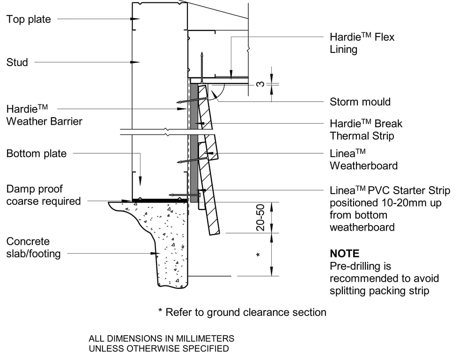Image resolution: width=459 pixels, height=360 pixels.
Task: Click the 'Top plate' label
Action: (29, 19)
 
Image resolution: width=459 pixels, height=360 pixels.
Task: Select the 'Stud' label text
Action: (17, 62)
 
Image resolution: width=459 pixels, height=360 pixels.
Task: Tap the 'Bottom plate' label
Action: (36, 153)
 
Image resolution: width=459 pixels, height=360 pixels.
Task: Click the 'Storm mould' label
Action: (360, 102)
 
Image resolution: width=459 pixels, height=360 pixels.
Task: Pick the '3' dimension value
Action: (260, 84)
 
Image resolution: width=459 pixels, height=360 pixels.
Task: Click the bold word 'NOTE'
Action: (345, 254)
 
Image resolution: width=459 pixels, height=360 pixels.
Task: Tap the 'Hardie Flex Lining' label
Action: (362, 43)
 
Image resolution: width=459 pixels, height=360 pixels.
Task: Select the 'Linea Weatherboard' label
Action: (363, 159)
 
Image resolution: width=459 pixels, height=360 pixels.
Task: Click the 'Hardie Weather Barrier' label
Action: (44, 115)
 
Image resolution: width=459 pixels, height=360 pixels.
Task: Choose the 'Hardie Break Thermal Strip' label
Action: (366, 130)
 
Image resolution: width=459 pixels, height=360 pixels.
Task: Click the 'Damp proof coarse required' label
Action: (44, 195)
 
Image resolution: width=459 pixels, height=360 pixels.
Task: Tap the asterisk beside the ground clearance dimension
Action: (258, 255)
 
